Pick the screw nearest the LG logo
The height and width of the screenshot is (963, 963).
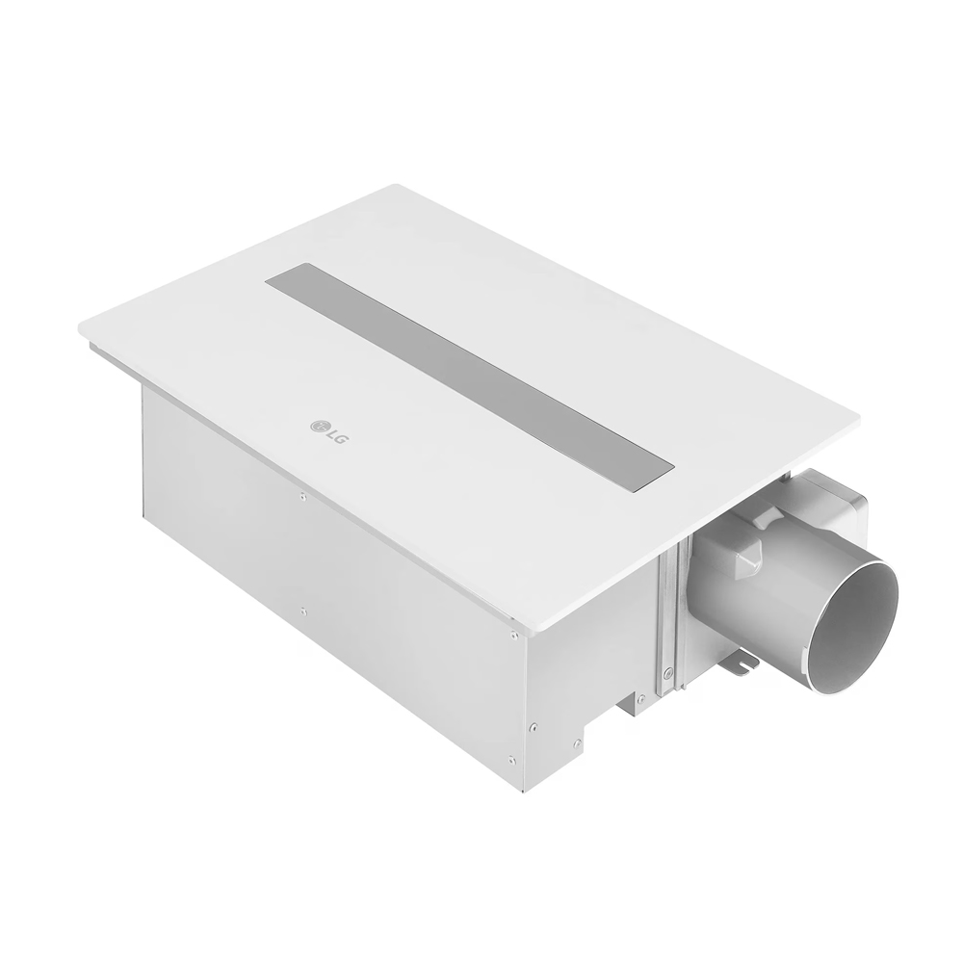point(302,498)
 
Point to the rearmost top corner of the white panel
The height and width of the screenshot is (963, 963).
point(397,186)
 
